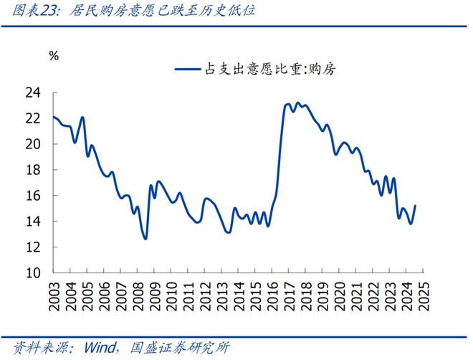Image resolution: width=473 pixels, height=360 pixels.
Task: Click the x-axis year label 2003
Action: [x=54, y=296]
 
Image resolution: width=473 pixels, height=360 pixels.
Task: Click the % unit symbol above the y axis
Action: [x=53, y=55]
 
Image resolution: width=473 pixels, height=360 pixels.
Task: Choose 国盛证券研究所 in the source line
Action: [x=179, y=348]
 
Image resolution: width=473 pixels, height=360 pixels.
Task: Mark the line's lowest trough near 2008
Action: [x=145, y=239]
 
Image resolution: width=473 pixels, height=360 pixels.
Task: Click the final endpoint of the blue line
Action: [x=415, y=206]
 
